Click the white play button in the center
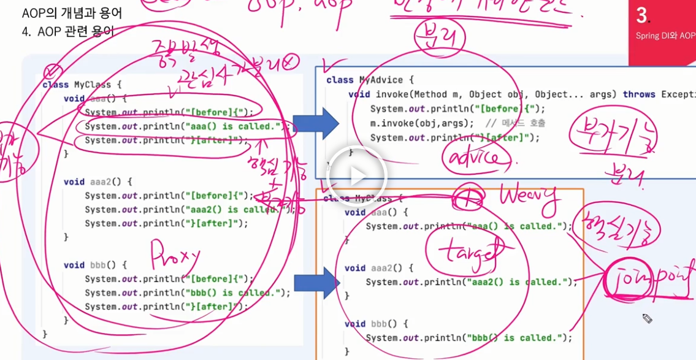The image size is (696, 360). pos(358,176)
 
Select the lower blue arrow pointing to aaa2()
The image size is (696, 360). pos(316,283)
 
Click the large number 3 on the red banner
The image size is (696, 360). pos(642,15)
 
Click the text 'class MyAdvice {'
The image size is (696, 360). pos(370,80)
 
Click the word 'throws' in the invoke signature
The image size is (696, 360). pos(640,94)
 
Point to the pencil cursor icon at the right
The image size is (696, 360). pos(647,318)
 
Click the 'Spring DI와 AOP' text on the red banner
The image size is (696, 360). pos(665,36)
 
